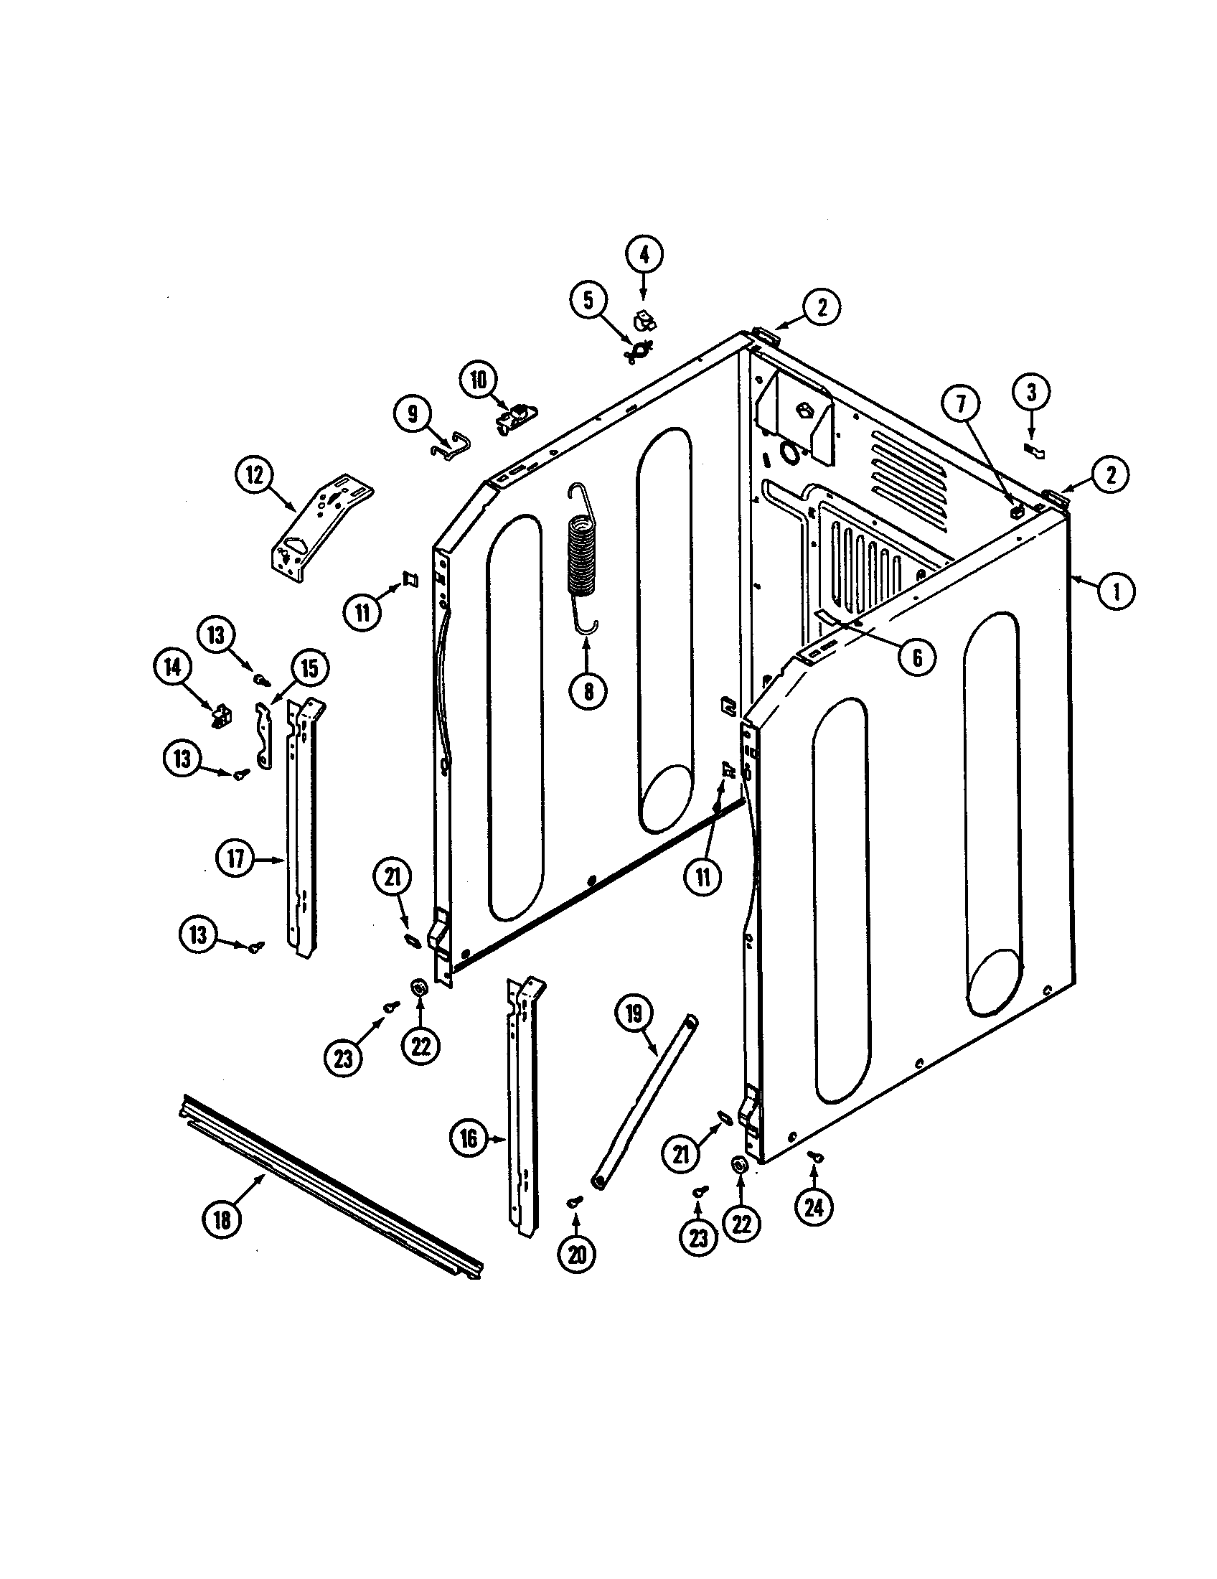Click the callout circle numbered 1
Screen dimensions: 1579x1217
click(x=1116, y=591)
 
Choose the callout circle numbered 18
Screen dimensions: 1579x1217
click(x=222, y=1219)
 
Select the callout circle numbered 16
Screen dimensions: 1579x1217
click(x=469, y=1140)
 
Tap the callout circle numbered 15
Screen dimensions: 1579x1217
click(x=309, y=669)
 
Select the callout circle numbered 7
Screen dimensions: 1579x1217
click(x=961, y=405)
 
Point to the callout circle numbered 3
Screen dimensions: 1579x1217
click(x=1031, y=393)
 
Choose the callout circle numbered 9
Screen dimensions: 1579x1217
click(x=413, y=414)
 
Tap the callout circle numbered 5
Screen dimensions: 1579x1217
click(x=589, y=299)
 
